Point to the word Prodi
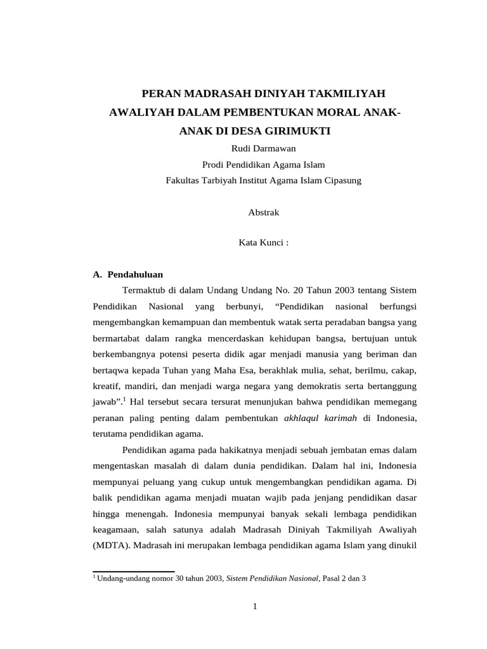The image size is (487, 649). [213, 165]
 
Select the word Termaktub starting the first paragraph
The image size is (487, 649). [143, 290]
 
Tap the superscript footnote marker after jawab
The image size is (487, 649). [125, 399]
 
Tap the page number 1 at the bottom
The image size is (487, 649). [255, 607]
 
